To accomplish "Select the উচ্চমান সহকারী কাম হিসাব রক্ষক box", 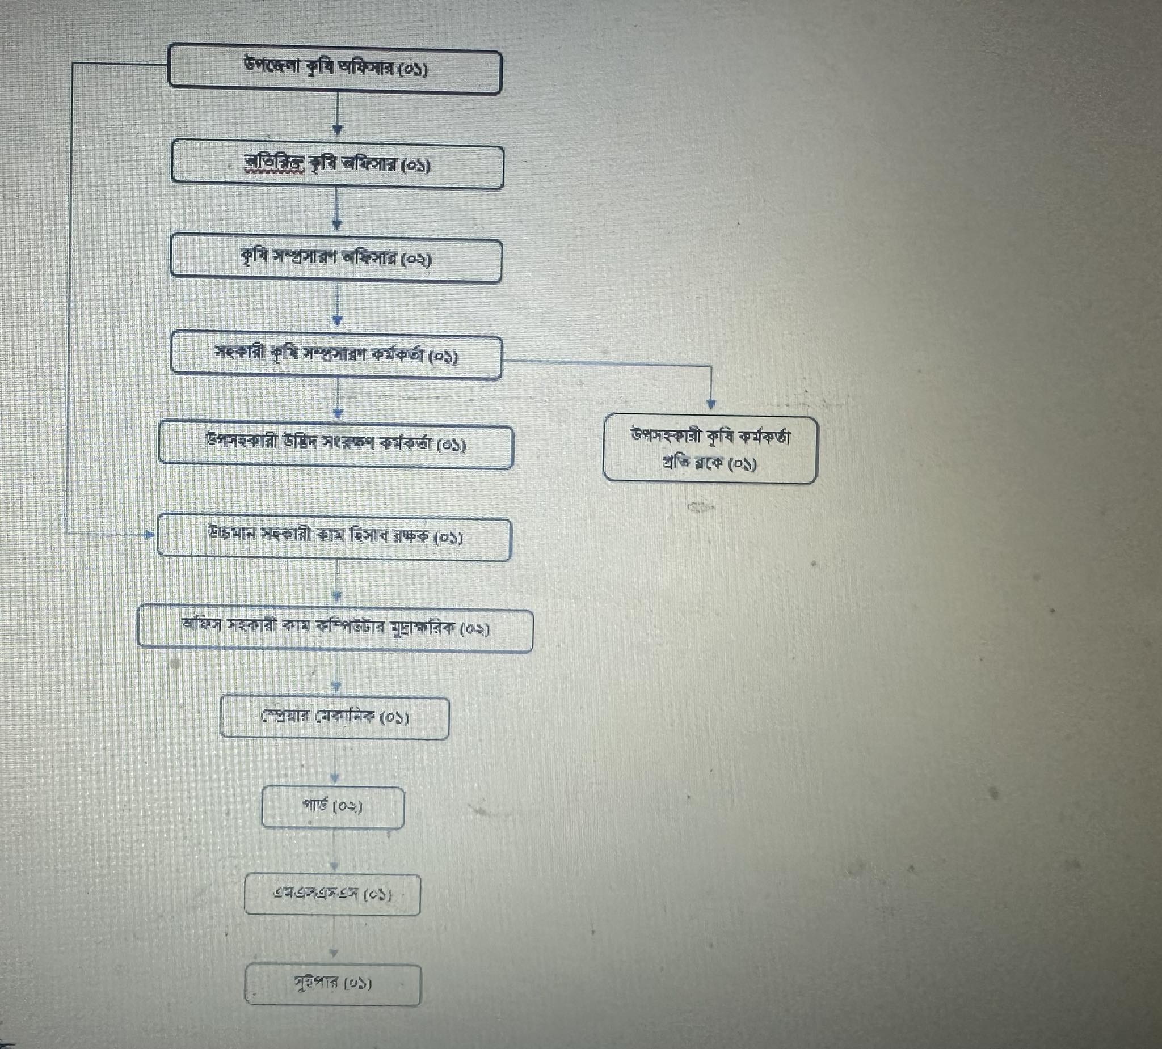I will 334,539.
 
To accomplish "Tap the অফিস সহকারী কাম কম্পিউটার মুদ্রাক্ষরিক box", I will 335,629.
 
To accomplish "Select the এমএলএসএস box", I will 332,895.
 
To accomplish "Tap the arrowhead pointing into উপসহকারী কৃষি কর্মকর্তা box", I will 711,405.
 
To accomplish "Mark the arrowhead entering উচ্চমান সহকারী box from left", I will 149,535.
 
